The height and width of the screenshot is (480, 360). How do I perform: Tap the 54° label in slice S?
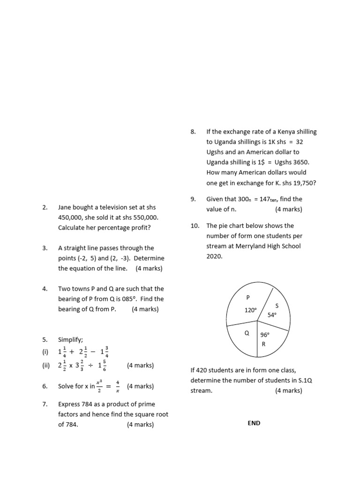pyautogui.click(x=272, y=315)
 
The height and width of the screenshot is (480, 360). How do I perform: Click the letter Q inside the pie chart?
pyautogui.click(x=246, y=333)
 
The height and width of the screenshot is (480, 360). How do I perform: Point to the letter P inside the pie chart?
pyautogui.click(x=248, y=297)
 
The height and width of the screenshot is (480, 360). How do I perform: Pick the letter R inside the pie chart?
pyautogui.click(x=263, y=344)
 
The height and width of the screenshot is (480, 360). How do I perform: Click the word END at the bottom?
pyautogui.click(x=254, y=423)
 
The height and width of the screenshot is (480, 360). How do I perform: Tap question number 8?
pyautogui.click(x=193, y=132)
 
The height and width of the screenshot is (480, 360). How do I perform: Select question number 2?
pyautogui.click(x=45, y=207)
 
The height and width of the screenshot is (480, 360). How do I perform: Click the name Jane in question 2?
pyautogui.click(x=65, y=207)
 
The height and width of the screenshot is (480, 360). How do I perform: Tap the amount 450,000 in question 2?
pyautogui.click(x=71, y=217)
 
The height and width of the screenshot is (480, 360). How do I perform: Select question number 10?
pyautogui.click(x=195, y=225)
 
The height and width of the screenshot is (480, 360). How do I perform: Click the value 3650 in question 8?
pyautogui.click(x=301, y=162)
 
